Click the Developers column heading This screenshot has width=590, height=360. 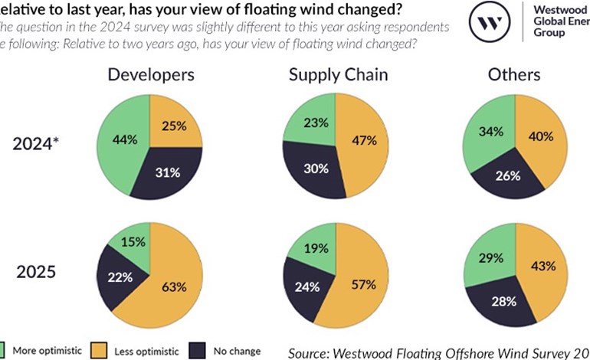[151, 74]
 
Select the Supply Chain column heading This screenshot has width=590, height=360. [338, 74]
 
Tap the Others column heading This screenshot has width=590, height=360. [514, 74]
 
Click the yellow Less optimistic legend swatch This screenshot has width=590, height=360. [98, 351]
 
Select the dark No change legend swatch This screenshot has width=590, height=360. [199, 351]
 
